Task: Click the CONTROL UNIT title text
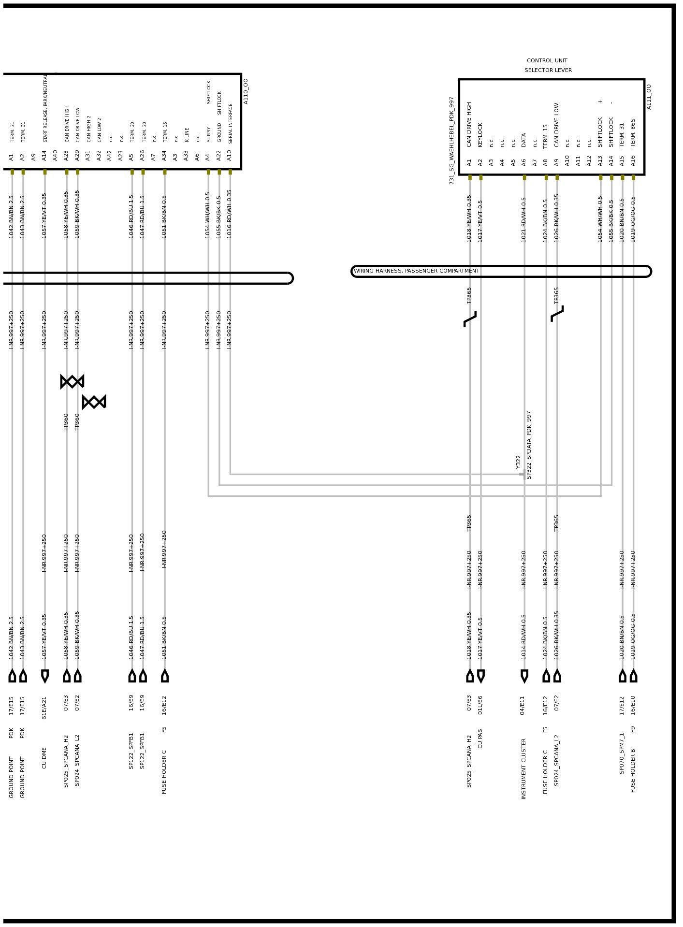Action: click(547, 61)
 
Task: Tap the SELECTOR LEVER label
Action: click(548, 71)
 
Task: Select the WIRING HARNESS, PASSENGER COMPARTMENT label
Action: click(416, 271)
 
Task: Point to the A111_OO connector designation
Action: click(649, 97)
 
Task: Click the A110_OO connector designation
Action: click(246, 91)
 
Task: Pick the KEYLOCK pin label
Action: click(480, 134)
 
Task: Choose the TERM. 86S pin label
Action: click(633, 132)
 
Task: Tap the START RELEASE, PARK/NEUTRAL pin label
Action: click(45, 108)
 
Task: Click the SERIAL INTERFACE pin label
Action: click(230, 123)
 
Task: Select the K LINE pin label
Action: click(187, 134)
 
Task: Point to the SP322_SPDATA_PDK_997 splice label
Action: click(529, 445)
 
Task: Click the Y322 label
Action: click(518, 462)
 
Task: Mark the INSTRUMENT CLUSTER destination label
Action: click(523, 768)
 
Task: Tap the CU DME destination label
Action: click(44, 758)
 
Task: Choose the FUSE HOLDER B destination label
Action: click(633, 770)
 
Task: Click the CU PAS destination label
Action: click(480, 739)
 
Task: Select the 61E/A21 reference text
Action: click(44, 708)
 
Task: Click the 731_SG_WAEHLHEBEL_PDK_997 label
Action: click(451, 140)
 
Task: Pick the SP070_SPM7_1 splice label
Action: click(622, 753)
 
